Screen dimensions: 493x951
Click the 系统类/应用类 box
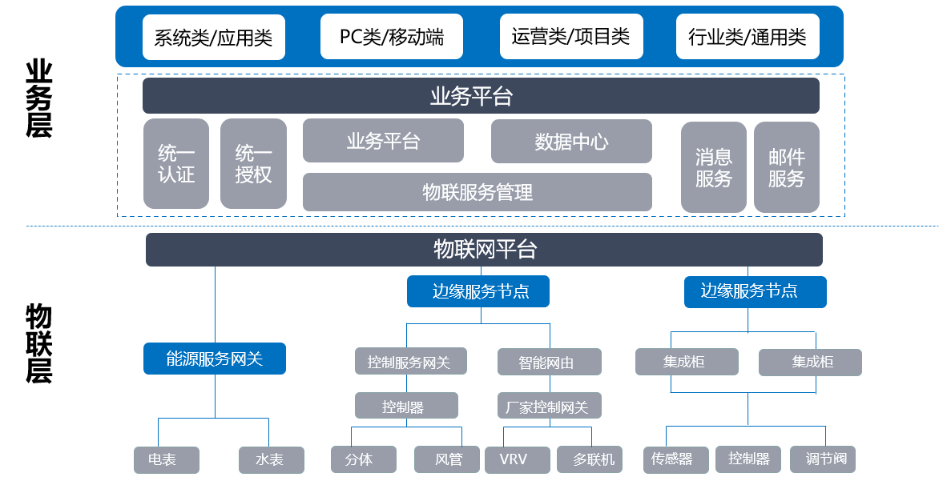pos(213,37)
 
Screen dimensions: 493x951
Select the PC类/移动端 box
pos(392,37)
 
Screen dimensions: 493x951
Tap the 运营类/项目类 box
pos(570,37)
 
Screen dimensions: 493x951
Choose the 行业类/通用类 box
pos(748,37)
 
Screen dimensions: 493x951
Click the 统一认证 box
pos(176,164)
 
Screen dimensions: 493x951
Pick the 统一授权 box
pos(253,164)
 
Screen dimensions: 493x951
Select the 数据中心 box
pos(571,142)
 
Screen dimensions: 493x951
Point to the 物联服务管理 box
pos(478,192)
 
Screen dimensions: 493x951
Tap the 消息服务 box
pos(713,167)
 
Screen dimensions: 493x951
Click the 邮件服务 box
pos(786,167)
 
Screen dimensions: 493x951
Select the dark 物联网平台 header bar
pos(484,250)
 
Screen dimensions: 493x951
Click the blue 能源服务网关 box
pos(215,359)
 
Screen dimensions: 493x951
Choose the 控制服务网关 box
pos(409,362)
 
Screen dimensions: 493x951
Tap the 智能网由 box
pos(549,362)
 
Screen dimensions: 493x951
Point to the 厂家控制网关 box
pos(549,407)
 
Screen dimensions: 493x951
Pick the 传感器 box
pos(675,460)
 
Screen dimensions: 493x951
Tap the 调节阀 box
pos(823,459)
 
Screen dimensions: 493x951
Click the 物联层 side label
pos(39,343)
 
